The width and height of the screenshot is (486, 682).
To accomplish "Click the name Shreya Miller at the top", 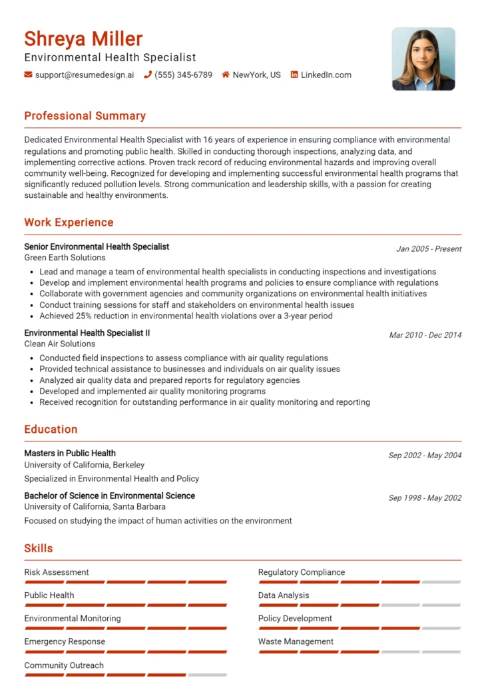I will pos(83,39).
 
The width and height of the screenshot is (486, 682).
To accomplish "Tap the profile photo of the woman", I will pos(423,59).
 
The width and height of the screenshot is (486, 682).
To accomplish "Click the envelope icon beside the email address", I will pos(28,75).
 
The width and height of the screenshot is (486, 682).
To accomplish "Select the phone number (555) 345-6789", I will pos(183,75).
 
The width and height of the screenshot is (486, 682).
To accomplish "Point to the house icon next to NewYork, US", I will pos(226,75).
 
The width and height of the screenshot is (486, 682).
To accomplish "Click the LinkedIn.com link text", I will pos(326,75).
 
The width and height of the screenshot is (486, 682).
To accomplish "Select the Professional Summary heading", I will pos(85,116).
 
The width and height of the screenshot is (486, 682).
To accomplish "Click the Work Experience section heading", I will pos(69,222).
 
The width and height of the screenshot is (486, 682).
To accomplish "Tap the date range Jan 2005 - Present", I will pos(429,249).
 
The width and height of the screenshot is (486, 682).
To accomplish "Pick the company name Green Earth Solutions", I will pos(65,258).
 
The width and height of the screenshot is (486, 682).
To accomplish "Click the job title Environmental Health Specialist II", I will pos(87,332).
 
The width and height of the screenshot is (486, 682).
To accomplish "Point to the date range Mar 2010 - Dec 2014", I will pos(425,335).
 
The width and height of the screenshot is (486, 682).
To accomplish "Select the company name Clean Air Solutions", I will pos(60,344).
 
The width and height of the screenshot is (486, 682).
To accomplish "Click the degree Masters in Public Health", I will pos(70,453).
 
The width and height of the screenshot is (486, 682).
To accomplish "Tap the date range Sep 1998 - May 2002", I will pos(425,498).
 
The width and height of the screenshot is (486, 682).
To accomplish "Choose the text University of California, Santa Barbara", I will pos(95,507).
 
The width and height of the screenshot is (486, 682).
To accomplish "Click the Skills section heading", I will pos(39,548).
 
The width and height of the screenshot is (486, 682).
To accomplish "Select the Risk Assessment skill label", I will pos(57,572).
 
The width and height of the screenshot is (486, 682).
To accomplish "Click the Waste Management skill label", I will pos(296,641).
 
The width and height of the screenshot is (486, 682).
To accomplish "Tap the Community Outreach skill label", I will pos(64,665).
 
